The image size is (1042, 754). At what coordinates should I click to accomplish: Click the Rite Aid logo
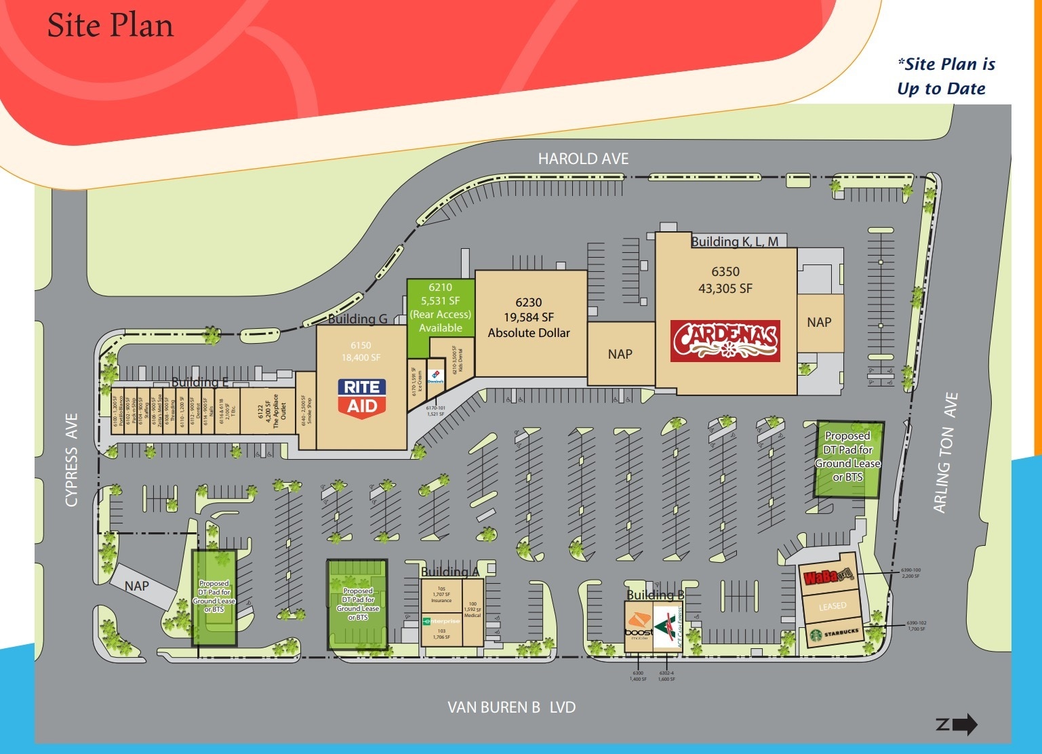coord(362,398)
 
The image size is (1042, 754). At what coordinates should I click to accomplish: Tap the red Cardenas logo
coord(725,341)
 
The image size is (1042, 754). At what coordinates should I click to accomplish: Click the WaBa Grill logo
coord(826,578)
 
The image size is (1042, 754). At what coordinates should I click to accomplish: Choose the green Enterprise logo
coord(441,621)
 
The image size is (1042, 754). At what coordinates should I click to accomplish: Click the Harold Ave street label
coord(583,159)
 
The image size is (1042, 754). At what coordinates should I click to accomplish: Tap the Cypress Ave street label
coord(72,460)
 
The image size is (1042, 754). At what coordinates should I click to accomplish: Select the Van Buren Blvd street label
coord(511,707)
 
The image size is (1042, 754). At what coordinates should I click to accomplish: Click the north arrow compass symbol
coord(957,724)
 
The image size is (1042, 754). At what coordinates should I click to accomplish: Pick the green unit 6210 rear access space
coord(440,308)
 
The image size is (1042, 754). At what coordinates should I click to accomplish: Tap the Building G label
coord(358,319)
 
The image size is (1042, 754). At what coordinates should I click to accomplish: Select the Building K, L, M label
coord(734,241)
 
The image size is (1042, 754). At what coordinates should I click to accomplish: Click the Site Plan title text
coord(111,26)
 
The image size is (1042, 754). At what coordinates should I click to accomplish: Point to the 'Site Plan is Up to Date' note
coord(945,76)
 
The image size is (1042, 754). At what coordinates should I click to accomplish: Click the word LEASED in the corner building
coord(832,606)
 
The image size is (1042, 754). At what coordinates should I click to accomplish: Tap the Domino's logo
coord(436,377)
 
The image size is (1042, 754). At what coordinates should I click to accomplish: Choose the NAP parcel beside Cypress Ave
coord(137,585)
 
